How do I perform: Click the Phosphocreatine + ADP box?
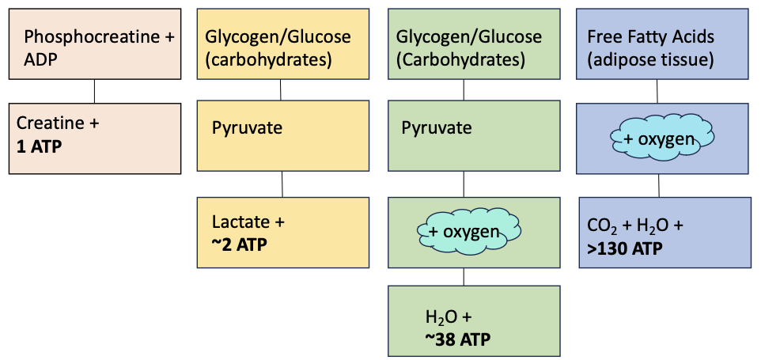[x=95, y=44]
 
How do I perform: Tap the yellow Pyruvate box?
[x=282, y=135]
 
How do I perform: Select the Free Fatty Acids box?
[x=663, y=44]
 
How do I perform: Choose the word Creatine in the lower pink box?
[x=47, y=124]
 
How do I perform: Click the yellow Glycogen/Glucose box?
[x=282, y=44]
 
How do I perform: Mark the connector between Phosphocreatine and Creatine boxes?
[x=95, y=91]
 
